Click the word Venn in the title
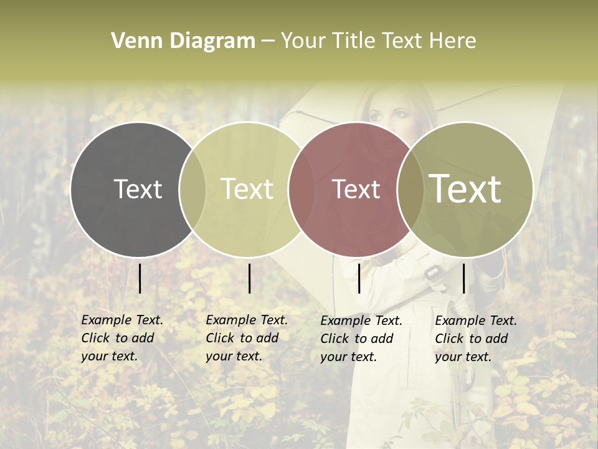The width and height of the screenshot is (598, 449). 133,41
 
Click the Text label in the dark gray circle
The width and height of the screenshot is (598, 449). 138,189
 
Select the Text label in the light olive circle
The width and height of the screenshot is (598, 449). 247,189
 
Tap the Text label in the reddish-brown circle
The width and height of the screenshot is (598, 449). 356,189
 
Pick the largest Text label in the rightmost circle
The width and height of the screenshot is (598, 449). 465,188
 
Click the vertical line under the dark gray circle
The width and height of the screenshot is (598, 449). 140,278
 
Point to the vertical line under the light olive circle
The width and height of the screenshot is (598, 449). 249,278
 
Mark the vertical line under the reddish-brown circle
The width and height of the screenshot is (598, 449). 359,278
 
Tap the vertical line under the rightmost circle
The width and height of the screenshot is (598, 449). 463,278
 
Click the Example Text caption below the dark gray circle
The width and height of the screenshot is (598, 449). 122,338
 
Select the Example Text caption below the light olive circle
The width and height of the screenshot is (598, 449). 247,338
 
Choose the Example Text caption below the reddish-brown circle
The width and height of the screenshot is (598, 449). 361,339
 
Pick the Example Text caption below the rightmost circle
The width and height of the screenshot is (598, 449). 476,339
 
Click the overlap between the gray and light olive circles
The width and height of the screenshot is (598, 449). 192,189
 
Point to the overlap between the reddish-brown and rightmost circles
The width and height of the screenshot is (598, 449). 411,189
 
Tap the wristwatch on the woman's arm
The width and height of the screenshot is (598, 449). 432,274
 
